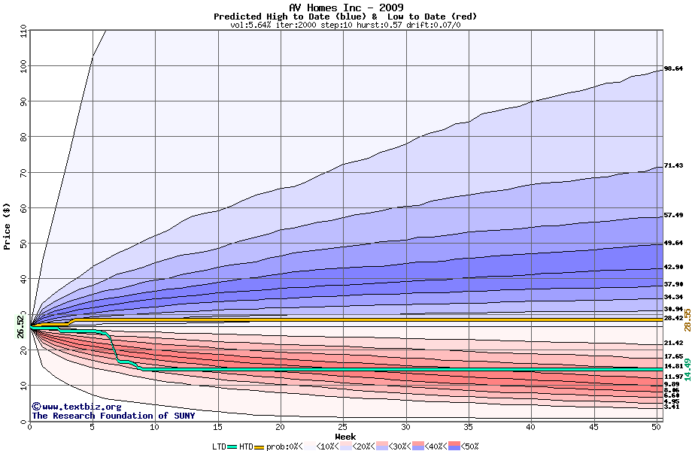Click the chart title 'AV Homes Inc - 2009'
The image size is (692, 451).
point(346,8)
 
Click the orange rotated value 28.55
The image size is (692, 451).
point(687,319)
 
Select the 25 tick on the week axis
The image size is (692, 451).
point(343,427)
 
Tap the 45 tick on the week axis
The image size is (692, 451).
point(593,427)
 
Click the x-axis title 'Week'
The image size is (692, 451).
point(346,436)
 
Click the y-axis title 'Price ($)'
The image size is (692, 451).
point(8,225)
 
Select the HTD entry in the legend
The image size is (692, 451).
point(246,446)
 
